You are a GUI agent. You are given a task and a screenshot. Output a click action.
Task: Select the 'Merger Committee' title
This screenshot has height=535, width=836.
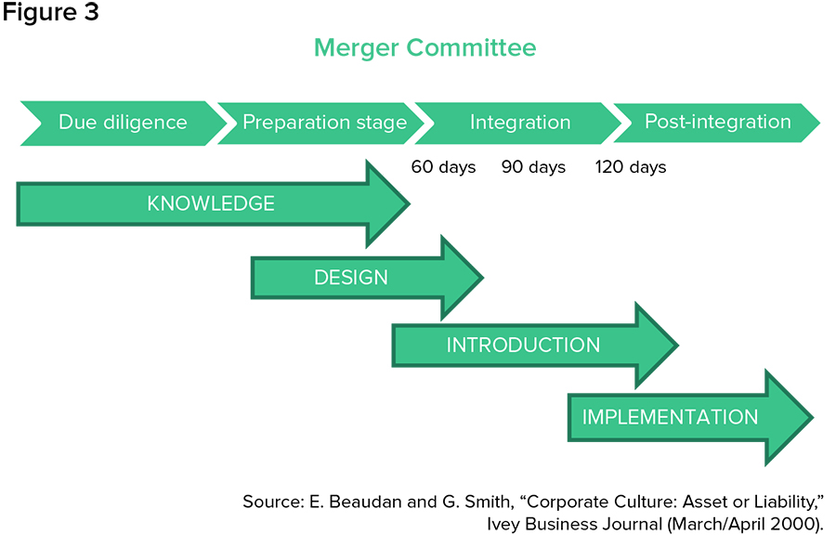[x=425, y=47]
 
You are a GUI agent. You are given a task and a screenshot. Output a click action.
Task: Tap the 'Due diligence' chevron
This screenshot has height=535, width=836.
[x=123, y=123]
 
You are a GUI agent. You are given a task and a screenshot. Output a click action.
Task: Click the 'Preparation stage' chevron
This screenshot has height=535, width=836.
[x=324, y=123]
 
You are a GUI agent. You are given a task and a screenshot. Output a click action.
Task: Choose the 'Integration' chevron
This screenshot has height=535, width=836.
[x=519, y=123]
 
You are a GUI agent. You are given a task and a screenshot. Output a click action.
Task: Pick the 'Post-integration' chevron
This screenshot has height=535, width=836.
[x=717, y=122]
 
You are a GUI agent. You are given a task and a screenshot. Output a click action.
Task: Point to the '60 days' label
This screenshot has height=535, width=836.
[x=443, y=167]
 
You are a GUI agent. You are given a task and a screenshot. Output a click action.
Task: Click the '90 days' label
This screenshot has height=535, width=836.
[x=533, y=167]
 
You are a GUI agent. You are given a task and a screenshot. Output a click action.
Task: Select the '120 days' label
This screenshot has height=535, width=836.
[x=631, y=167]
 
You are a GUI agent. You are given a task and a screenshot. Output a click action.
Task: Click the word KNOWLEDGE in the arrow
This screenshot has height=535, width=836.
[x=211, y=204]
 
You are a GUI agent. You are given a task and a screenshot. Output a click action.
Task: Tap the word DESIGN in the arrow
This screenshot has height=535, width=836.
[x=350, y=277]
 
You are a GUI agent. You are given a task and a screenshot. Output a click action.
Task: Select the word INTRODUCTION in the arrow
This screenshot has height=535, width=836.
[x=523, y=346]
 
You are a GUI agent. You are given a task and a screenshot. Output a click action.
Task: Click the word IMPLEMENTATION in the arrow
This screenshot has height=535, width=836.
[x=670, y=417]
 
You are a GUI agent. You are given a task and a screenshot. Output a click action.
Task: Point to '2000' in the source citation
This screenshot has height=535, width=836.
[x=799, y=523]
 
